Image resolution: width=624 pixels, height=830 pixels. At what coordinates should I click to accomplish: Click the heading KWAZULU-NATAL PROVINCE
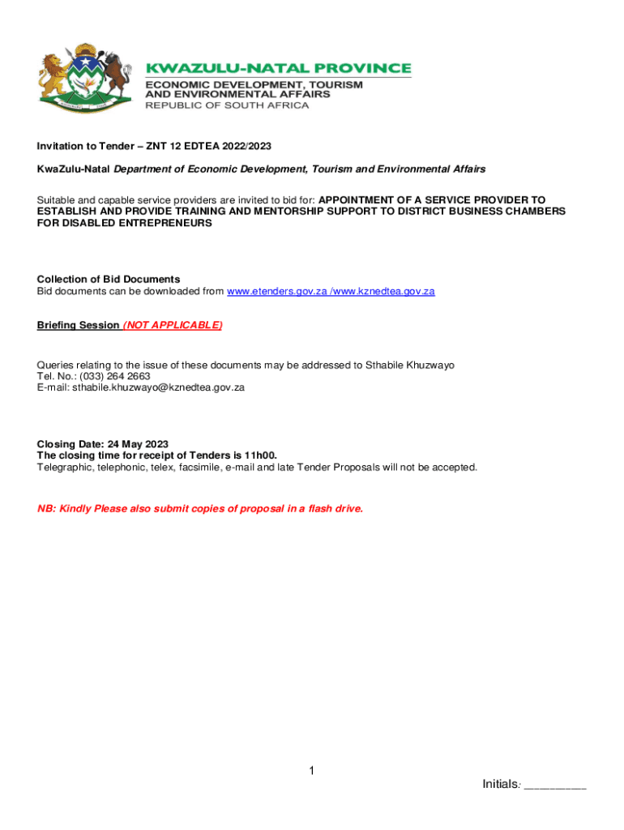point(278,69)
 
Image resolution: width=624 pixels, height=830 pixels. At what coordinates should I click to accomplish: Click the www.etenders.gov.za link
point(276,291)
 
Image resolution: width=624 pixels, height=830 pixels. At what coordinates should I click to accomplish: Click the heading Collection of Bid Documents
point(109,280)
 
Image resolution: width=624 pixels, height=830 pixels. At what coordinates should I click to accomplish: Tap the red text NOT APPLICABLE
point(173,325)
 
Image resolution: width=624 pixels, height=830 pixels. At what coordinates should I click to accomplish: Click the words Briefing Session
point(78,325)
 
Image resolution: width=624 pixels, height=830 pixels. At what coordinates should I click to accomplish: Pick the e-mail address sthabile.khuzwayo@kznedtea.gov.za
point(159,387)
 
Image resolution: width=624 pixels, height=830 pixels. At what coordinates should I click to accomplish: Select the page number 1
point(311,771)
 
